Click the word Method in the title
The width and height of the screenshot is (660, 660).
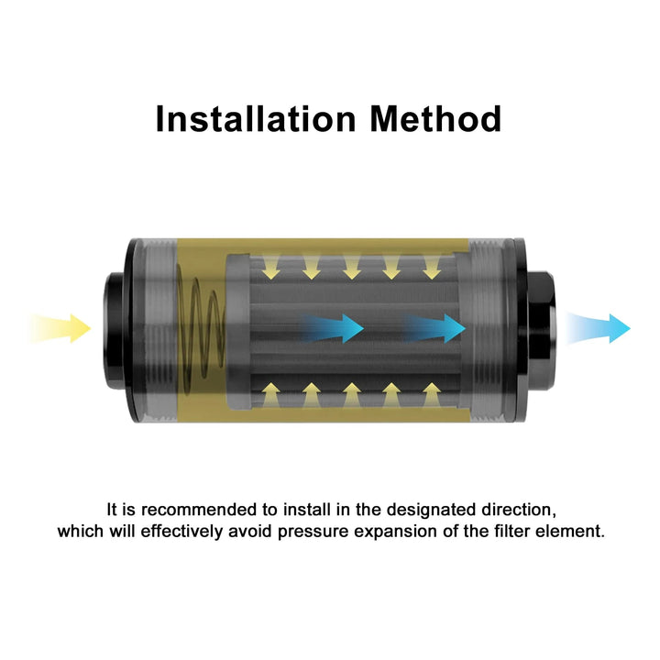click(436, 119)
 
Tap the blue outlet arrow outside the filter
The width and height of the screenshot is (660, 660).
click(599, 328)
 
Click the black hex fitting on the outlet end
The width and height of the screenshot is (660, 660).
click(541, 330)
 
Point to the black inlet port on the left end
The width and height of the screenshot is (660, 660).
click(113, 330)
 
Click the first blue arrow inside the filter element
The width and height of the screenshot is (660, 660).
click(333, 328)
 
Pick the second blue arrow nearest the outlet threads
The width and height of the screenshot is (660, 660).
click(434, 328)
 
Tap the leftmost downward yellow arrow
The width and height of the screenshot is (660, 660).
click(271, 267)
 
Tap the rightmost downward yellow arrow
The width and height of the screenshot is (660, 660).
click(432, 267)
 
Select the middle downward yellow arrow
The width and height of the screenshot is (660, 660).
click(351, 267)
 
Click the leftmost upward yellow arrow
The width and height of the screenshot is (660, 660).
click(271, 395)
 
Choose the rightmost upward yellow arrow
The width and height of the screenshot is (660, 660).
click(432, 395)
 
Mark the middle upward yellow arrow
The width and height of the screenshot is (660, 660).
click(351, 395)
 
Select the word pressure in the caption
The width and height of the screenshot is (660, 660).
click(313, 532)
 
